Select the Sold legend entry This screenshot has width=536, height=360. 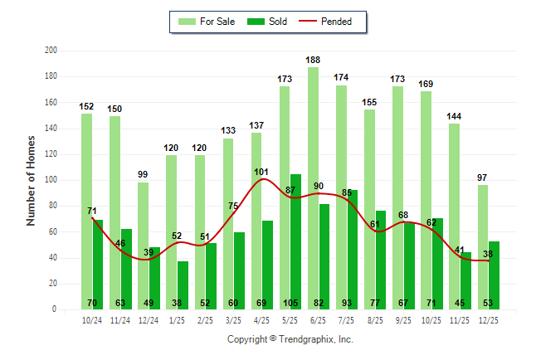tap(266, 22)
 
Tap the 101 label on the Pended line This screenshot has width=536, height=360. tap(261, 172)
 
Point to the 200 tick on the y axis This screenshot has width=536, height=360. tap(51, 51)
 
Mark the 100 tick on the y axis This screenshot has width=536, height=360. tap(51, 180)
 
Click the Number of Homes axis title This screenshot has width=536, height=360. tap(32, 180)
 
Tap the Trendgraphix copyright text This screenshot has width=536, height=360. tap(290, 339)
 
